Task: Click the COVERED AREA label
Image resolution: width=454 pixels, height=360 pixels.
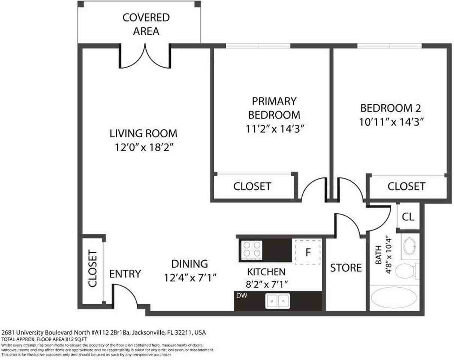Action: (146, 24)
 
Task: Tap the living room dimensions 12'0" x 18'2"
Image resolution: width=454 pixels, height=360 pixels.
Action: (144, 147)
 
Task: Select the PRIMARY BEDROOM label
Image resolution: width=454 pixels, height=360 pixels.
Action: (274, 108)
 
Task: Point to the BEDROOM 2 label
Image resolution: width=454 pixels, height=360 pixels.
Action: (391, 108)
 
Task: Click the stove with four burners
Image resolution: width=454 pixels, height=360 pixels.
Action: (251, 250)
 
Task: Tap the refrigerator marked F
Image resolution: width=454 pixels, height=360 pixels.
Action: (308, 252)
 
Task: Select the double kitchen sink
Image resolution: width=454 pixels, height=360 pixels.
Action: (278, 301)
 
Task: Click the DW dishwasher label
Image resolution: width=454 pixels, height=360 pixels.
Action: (242, 295)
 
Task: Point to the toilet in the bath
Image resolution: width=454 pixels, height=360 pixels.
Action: (407, 271)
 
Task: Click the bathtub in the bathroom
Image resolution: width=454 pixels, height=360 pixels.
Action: (394, 298)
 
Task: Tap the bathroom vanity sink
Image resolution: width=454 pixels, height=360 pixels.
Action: (410, 246)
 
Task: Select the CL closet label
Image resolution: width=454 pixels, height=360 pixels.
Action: (408, 217)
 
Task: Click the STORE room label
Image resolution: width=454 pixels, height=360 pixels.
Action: (346, 268)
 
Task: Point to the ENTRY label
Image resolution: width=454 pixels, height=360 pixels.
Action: (125, 274)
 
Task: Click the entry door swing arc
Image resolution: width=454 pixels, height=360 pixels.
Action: (130, 291)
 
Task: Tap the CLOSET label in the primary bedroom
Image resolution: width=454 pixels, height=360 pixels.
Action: (252, 186)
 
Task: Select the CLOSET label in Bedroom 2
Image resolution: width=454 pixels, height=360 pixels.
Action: (406, 186)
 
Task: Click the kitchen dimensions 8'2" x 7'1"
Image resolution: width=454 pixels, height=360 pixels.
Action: (267, 285)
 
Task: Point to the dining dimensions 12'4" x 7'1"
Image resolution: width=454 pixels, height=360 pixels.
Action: (191, 278)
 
